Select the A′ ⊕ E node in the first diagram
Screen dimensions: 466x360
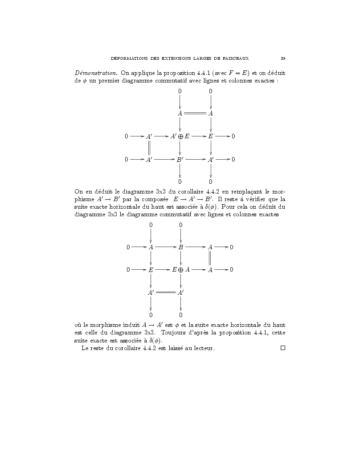point(180,136)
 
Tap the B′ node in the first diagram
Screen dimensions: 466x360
point(180,159)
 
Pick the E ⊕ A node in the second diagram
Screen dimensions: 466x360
point(181,269)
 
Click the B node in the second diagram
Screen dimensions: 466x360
point(180,247)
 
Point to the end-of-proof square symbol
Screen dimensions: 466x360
point(282,348)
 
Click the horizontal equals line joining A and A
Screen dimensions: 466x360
point(195,113)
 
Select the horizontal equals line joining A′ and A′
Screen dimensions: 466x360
point(166,293)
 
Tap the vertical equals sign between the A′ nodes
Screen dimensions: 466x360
point(149,147)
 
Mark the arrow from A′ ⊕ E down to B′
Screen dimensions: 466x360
point(180,148)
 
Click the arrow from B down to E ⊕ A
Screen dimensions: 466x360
point(180,258)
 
